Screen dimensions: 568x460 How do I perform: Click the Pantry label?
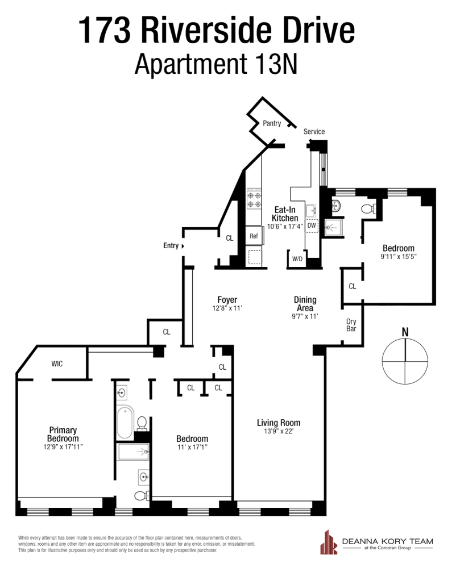[x=272, y=123]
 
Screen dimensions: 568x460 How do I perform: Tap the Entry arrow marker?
[x=183, y=246]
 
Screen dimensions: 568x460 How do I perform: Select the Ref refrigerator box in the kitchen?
[x=254, y=236]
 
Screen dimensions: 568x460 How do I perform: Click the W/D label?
[x=297, y=259]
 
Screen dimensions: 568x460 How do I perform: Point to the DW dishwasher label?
[x=311, y=225]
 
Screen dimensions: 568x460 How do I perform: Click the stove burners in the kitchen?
[x=254, y=199]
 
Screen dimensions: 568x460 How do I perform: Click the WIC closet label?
[x=57, y=364]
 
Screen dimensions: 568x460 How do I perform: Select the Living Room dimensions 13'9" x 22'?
[x=278, y=432]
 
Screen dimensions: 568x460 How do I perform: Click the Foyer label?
[x=227, y=300]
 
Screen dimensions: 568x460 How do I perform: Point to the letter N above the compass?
[x=405, y=332]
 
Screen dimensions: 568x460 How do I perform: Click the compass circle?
[x=405, y=361]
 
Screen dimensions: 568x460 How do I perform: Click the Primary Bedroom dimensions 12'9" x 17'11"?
[x=63, y=446]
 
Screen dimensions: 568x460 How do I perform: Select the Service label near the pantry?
[x=314, y=132]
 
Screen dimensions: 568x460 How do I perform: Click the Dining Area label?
[x=305, y=304]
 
